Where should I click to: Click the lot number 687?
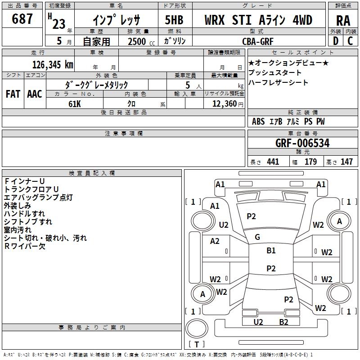[22, 18]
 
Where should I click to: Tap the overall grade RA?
[343, 21]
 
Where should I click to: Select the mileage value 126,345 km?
[53, 65]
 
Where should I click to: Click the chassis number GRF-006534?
[302, 143]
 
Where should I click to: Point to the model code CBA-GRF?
[257, 41]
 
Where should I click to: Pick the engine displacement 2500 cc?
[141, 41]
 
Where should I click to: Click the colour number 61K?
[75, 104]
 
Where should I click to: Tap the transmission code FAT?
[13, 94]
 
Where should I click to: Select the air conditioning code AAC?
[35, 94]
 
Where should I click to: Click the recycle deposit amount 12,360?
[225, 104]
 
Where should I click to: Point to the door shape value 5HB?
[174, 20]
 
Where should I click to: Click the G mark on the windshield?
[257, 237]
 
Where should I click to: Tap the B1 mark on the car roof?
[271, 250]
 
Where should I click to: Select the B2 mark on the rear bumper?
[283, 322]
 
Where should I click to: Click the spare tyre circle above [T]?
[197, 328]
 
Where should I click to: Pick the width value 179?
[310, 162]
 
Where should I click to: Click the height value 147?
[346, 162]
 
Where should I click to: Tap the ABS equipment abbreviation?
[258, 121]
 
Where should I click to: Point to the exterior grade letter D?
[336, 41]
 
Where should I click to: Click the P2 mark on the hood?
[251, 216]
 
